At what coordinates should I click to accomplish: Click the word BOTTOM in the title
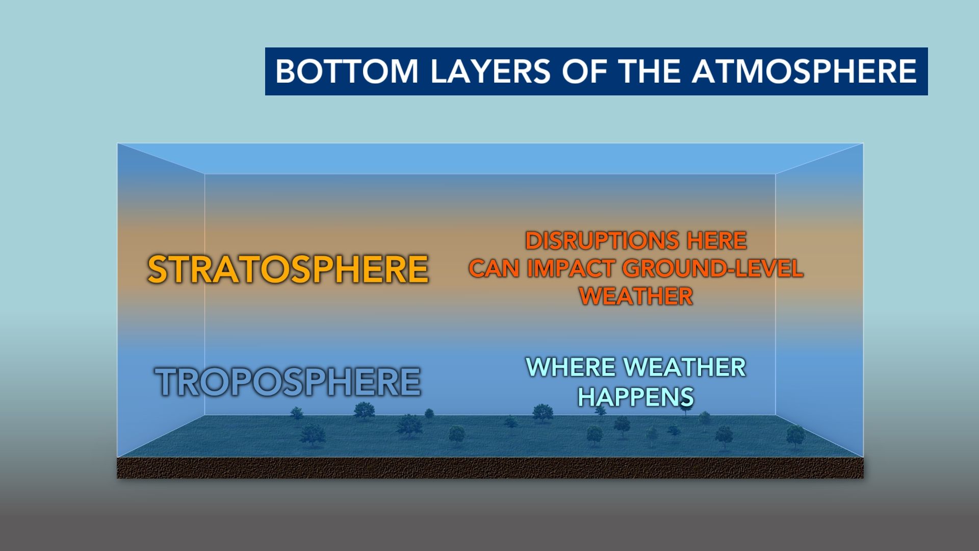pyautogui.click(x=347, y=71)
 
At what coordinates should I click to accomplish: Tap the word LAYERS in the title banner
pyautogui.click(x=491, y=71)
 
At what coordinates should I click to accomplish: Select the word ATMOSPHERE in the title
pyautogui.click(x=804, y=71)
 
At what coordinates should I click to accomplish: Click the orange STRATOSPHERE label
pyautogui.click(x=288, y=269)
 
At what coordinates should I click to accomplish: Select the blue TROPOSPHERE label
pyautogui.click(x=288, y=382)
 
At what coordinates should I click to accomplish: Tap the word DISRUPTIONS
pyautogui.click(x=602, y=241)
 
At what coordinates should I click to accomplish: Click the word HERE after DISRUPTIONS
pyautogui.click(x=717, y=241)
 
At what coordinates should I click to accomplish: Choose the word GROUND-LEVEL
pyautogui.click(x=713, y=268)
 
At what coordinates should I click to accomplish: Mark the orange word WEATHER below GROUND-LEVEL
pyautogui.click(x=636, y=296)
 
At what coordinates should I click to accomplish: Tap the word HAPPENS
pyautogui.click(x=636, y=397)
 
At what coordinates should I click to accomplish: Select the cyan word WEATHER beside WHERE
pyautogui.click(x=685, y=367)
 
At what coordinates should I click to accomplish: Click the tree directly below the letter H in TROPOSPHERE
pyautogui.click(x=364, y=411)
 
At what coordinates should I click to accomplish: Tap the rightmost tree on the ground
pyautogui.click(x=795, y=437)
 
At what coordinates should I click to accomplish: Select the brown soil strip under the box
pyautogui.click(x=491, y=468)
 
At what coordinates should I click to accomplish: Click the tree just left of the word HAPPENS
pyautogui.click(x=543, y=413)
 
